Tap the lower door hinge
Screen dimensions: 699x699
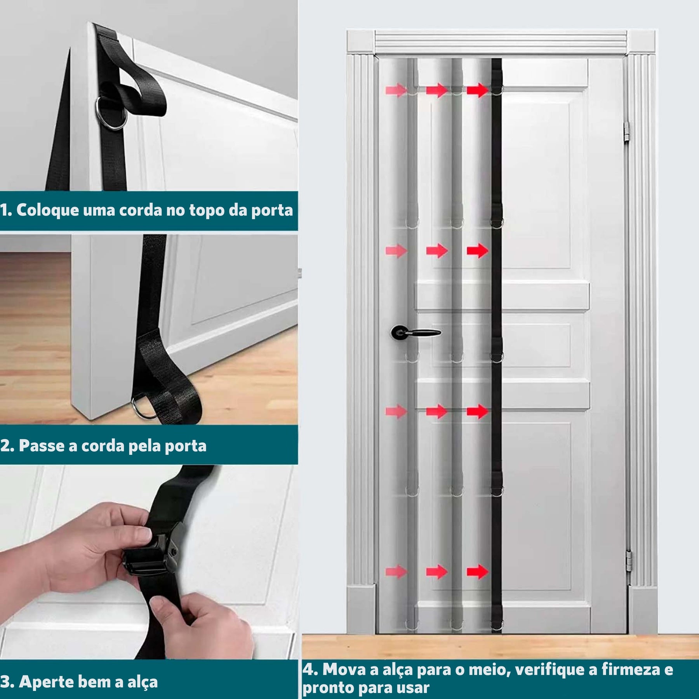(x=628, y=561)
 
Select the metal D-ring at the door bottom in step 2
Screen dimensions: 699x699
(x=144, y=408)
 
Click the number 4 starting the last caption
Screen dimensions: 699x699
(x=308, y=669)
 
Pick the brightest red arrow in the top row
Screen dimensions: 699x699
(x=477, y=90)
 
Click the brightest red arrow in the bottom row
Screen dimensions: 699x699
(x=477, y=572)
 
